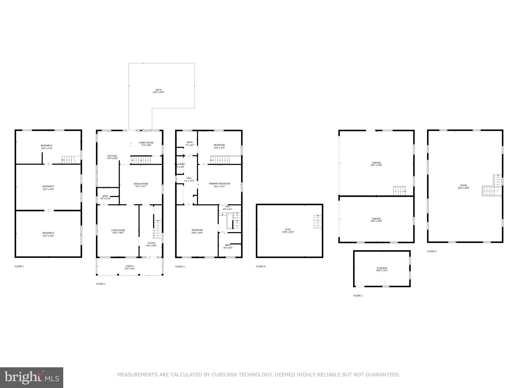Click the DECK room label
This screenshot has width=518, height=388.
point(158,90)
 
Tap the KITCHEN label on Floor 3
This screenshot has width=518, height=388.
point(112,156)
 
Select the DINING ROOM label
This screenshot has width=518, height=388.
point(141,184)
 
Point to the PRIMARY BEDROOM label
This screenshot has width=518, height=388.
point(219,184)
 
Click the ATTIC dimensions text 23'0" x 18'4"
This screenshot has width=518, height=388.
point(288,232)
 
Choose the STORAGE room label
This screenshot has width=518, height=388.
point(382,268)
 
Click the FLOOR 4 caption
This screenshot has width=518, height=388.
point(432,251)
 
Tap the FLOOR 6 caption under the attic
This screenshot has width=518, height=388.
point(261,266)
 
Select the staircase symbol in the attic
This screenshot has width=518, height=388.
point(318,221)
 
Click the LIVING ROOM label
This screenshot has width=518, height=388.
point(118,230)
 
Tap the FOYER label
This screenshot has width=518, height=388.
point(151,243)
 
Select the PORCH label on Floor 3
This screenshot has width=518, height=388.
point(129,266)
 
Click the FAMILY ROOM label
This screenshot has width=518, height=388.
point(146,143)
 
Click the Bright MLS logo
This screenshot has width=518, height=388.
point(32,377)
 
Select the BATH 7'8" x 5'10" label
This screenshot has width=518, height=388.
point(105,196)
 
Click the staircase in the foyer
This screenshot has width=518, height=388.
point(158,229)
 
